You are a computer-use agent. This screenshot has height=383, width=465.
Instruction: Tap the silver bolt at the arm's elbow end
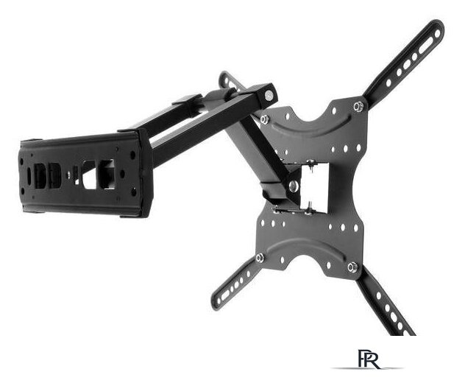(269, 96)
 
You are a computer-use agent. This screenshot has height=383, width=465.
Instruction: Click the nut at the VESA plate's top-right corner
(358, 106)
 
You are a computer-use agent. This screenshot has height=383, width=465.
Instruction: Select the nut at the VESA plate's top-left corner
(264, 119)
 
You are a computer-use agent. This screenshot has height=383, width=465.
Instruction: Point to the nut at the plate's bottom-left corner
(260, 258)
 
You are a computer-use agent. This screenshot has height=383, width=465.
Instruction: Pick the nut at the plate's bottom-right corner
(352, 267)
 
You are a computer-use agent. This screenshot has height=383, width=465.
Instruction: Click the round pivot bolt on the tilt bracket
(294, 186)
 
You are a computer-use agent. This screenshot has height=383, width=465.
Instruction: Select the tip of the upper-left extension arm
(224, 76)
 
